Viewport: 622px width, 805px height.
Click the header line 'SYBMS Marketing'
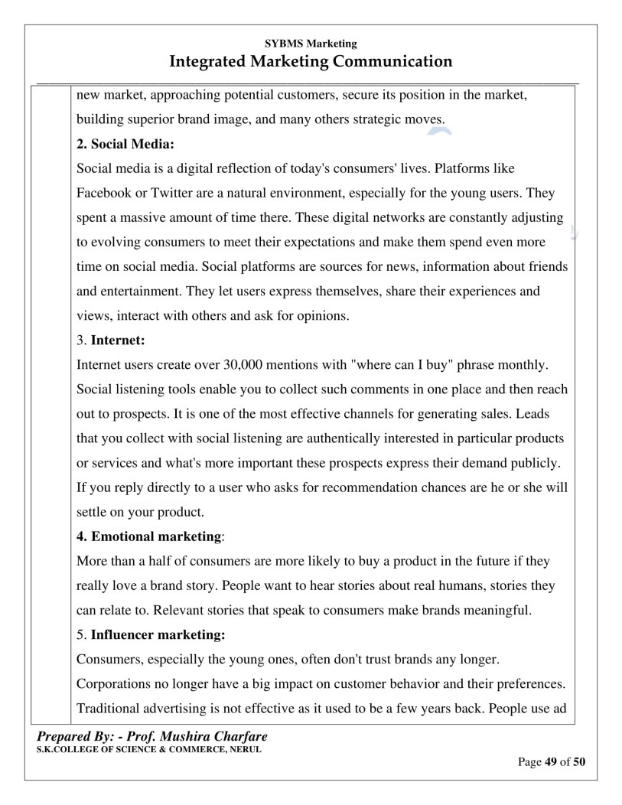coord(311,44)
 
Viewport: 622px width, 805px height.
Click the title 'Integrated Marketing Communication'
coord(311,61)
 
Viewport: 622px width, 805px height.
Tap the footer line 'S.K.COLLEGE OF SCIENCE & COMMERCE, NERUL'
coord(149,749)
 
